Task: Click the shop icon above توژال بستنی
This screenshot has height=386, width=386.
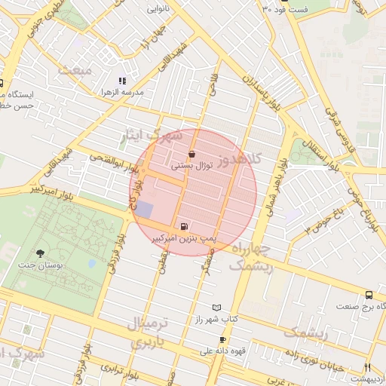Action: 191,154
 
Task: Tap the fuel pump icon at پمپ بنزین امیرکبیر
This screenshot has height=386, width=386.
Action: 184,225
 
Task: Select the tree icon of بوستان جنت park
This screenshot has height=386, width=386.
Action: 40,253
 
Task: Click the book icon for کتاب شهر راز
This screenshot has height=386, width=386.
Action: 217,308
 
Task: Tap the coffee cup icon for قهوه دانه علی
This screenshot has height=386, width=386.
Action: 222,339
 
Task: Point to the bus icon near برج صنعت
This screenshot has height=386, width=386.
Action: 369,295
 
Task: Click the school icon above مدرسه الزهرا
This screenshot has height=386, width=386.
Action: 122,81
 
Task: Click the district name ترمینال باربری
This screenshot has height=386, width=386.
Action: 152,332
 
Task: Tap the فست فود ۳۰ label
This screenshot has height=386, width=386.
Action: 286,9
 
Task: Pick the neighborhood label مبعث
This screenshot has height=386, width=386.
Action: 76,70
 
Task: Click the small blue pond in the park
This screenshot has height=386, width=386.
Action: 92,263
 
